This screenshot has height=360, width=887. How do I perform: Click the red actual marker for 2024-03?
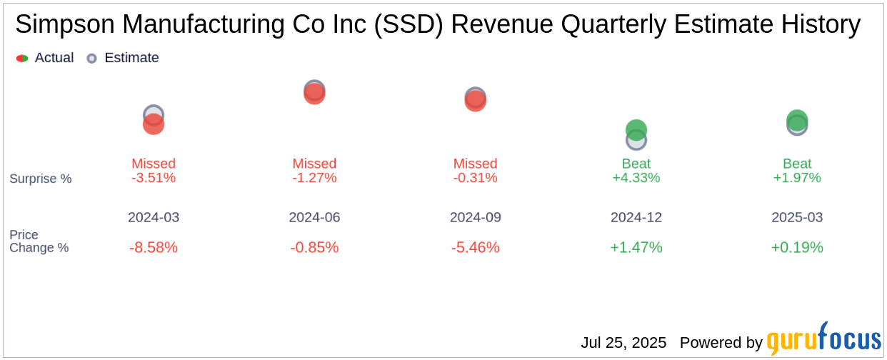(154, 124)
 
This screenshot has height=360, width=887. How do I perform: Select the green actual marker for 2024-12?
(636, 129)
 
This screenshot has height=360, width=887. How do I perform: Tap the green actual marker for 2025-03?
(797, 120)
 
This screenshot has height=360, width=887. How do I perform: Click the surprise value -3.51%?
(154, 178)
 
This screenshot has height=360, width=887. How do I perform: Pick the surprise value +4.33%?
(636, 178)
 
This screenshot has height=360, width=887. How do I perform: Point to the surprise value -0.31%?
(476, 178)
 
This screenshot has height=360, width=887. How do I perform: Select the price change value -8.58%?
(154, 248)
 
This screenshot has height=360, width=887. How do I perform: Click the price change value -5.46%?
(476, 248)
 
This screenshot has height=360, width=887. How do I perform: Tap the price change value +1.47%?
(636, 248)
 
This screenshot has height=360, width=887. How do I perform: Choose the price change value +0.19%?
(797, 248)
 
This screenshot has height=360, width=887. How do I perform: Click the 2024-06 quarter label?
(314, 217)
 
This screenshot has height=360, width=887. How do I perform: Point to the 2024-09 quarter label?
(476, 217)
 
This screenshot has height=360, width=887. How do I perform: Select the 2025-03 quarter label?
(797, 217)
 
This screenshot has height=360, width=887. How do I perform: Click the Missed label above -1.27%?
(314, 164)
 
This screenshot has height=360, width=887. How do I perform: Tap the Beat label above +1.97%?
(797, 164)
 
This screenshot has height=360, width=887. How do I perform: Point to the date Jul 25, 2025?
(623, 343)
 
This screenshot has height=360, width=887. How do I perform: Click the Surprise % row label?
(41, 179)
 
